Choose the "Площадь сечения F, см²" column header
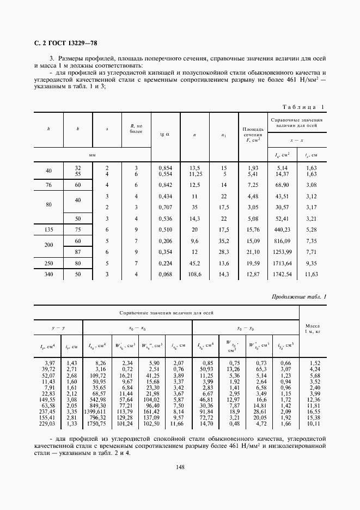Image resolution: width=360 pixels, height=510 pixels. point(252,134)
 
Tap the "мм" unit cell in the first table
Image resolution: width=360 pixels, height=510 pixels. point(93,155)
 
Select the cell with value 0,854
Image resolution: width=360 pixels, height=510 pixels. point(165,168)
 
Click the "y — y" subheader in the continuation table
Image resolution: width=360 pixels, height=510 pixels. point(58,329)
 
